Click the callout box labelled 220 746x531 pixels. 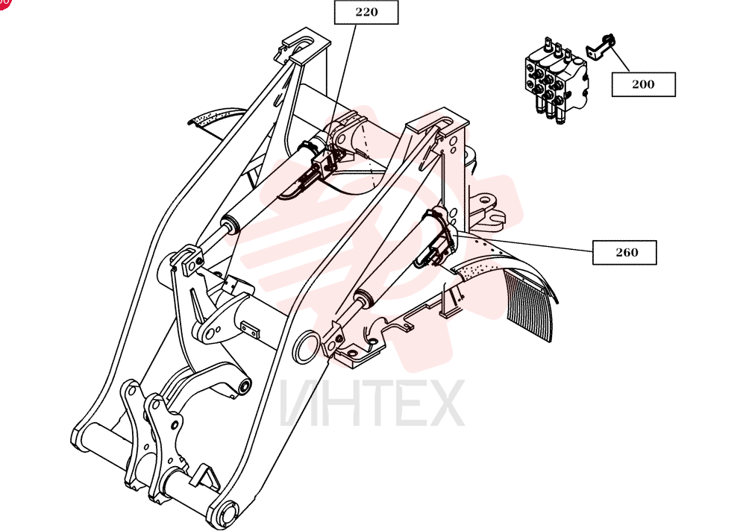[x=366, y=13]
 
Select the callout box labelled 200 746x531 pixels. [x=643, y=84]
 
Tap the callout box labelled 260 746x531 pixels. [x=624, y=252]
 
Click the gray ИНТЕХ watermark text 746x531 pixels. [x=372, y=403]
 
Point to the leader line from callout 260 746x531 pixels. [x=524, y=242]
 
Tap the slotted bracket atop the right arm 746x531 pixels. [x=436, y=127]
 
